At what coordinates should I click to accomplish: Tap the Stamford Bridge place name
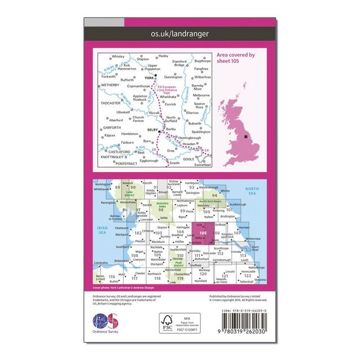point(181,63)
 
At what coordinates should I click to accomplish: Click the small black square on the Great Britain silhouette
point(248,136)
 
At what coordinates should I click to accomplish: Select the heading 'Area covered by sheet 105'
point(236,58)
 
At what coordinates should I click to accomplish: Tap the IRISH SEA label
point(102,230)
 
